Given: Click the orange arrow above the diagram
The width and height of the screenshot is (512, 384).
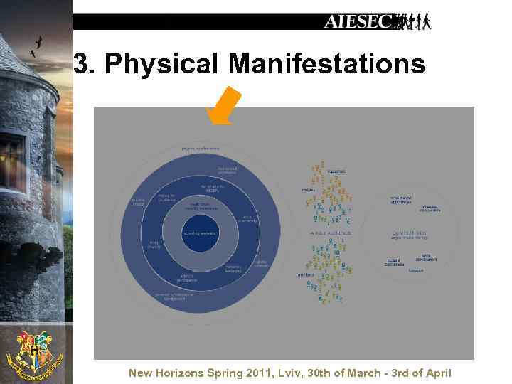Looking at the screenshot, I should [225, 106].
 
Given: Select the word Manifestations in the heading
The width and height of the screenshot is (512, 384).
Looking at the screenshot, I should [327, 64].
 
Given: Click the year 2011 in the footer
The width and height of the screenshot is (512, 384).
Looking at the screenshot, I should [260, 373].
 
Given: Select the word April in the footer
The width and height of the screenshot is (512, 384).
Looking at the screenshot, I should [436, 373].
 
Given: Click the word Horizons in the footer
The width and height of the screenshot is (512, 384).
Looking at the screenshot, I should [186, 373].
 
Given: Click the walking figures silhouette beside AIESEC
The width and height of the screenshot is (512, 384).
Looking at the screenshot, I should [412, 22].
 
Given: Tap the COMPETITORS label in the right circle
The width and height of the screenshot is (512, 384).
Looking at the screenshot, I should [408, 232].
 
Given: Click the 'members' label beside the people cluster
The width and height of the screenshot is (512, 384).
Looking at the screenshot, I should [306, 274].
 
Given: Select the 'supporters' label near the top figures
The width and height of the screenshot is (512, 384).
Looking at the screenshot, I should [337, 171].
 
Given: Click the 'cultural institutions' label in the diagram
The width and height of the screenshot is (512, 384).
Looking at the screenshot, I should [395, 262].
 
